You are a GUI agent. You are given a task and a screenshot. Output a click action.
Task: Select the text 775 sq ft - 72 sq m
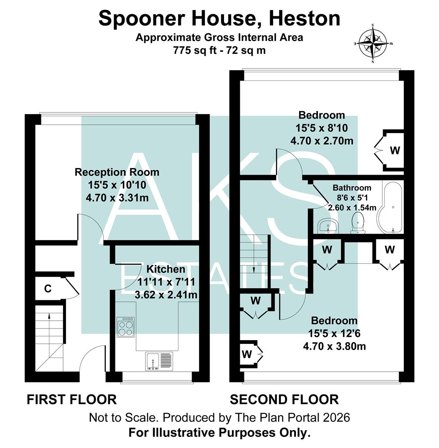click(219, 50)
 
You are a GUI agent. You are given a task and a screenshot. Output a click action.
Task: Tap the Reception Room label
click(117, 172)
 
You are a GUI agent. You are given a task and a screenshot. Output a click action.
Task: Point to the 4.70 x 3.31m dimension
click(117, 198)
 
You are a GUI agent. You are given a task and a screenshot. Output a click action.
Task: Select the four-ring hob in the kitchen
click(125, 327)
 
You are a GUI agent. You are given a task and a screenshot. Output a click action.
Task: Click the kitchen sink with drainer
click(159, 361)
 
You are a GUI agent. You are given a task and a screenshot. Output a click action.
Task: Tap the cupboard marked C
click(48, 289)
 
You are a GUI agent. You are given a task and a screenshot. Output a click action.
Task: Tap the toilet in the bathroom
click(358, 223)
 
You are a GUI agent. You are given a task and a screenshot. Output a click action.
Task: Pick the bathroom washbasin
click(328, 226)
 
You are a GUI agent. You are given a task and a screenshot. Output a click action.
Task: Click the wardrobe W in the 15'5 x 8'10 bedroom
click(395, 151)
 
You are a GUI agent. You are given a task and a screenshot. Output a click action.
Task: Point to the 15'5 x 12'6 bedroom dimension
click(334, 333)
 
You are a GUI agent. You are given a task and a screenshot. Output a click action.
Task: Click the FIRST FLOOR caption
click(71, 399)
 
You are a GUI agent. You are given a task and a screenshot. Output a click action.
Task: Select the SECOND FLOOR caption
click(284, 399)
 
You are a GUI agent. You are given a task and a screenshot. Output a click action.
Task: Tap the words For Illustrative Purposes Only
click(219, 433)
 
